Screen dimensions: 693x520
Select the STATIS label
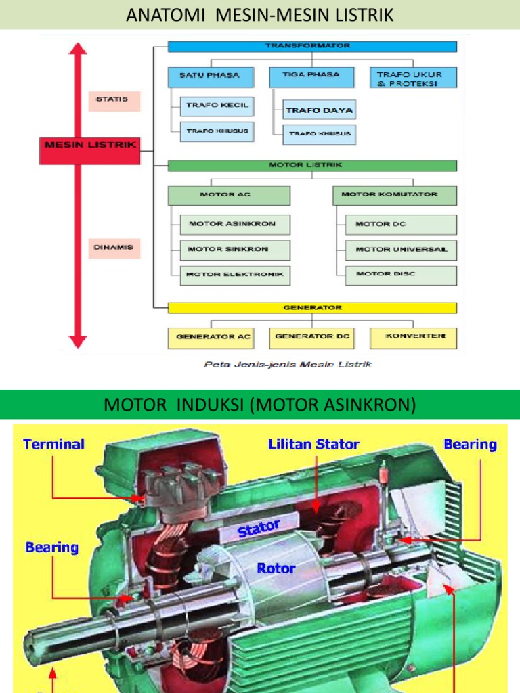[x=113, y=100]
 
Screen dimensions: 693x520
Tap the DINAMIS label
[x=113, y=248]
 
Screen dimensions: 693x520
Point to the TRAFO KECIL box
[x=217, y=106]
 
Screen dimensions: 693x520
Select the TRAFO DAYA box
[x=319, y=110]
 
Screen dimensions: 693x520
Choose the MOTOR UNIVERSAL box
[x=400, y=250]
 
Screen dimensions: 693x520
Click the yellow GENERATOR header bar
[x=312, y=308]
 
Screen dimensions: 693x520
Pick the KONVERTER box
[x=414, y=336]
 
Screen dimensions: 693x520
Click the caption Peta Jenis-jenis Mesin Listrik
[x=288, y=364]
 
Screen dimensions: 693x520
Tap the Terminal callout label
[x=53, y=445]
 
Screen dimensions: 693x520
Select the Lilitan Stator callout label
[x=313, y=445]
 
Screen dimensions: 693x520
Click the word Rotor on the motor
[x=276, y=568]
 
